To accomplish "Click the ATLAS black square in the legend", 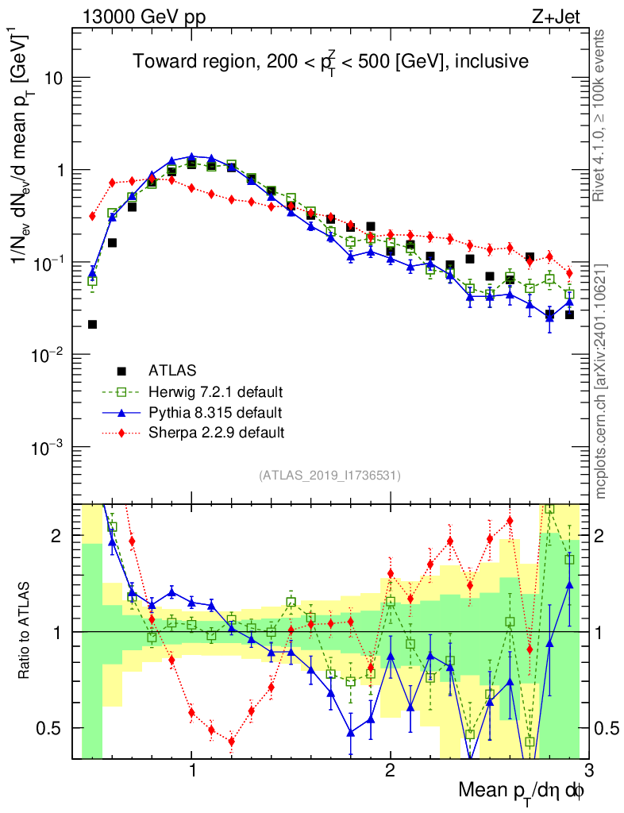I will (x=121, y=370).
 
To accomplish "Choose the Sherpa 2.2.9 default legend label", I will (x=215, y=433).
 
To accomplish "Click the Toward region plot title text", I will (x=330, y=61).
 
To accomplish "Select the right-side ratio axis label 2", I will (x=607, y=536).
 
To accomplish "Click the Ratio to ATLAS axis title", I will (x=25, y=632).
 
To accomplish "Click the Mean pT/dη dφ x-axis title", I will (x=522, y=792).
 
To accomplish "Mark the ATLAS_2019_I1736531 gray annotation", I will (x=329, y=476).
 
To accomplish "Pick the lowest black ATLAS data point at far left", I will (x=92, y=324).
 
